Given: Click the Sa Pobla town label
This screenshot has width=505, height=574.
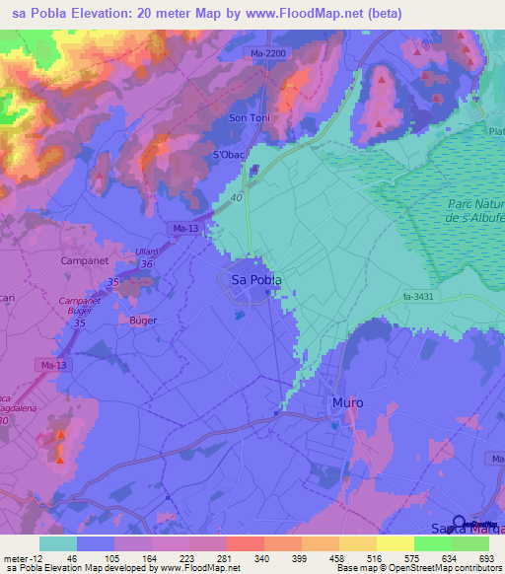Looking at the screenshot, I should (x=255, y=280).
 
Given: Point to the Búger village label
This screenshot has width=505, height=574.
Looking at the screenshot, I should (x=143, y=321).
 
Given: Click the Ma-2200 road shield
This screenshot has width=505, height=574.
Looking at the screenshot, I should (x=268, y=54).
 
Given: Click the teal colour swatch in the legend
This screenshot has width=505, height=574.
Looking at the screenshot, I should (x=57, y=543).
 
